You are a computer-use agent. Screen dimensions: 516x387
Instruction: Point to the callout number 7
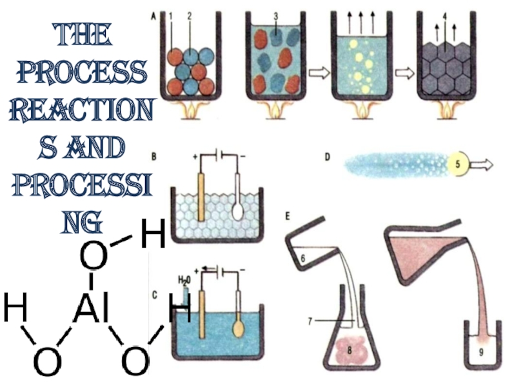pos(310,321)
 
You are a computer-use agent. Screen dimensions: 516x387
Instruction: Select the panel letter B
pos(154,155)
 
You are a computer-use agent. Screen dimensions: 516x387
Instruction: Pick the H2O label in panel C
pos(185,281)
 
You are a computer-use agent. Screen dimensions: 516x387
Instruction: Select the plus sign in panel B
pos(195,157)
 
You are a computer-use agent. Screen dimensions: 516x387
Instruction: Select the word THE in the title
pos(80,37)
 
